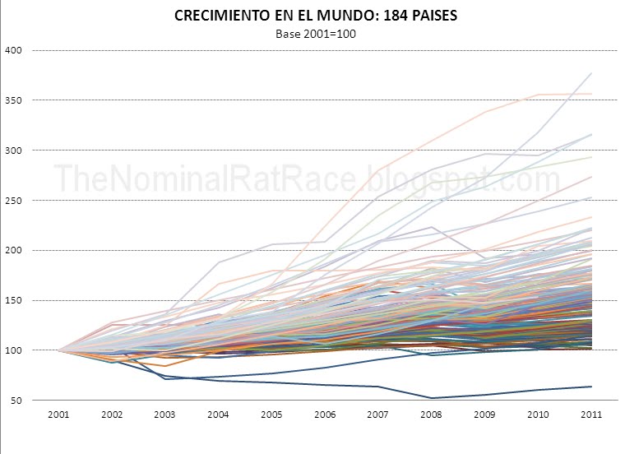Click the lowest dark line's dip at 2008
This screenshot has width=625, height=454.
(431, 398)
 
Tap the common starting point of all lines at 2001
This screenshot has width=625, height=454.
(58, 350)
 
